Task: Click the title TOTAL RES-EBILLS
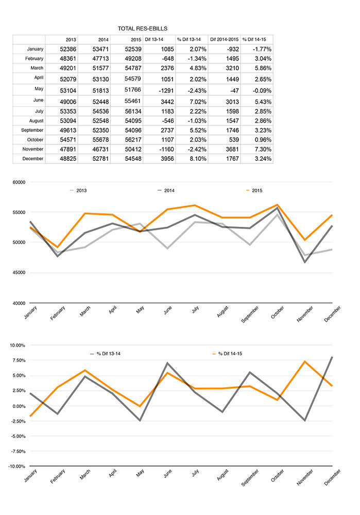pyautogui.click(x=143, y=28)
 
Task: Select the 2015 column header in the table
pyautogui.click(x=136, y=39)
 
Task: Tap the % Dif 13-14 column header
pyautogui.click(x=188, y=39)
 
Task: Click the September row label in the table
pyautogui.click(x=32, y=130)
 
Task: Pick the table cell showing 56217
pyautogui.click(x=133, y=140)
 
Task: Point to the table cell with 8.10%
pyautogui.click(x=198, y=159)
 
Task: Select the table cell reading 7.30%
pyautogui.click(x=263, y=149)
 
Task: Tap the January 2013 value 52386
pyautogui.click(x=68, y=49)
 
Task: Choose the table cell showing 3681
pyautogui.click(x=232, y=149)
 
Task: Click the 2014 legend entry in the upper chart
pyautogui.click(x=166, y=191)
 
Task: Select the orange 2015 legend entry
pyautogui.click(x=254, y=191)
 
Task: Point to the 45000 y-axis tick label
pyautogui.click(x=19, y=273)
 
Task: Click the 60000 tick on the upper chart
pyautogui.click(x=19, y=182)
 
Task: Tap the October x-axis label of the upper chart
pyautogui.click(x=278, y=312)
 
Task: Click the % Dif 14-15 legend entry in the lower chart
pyautogui.click(x=228, y=354)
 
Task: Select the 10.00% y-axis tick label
pyautogui.click(x=18, y=345)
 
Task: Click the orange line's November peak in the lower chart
pyautogui.click(x=305, y=361)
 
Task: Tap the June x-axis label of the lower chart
pyautogui.click(x=168, y=473)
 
